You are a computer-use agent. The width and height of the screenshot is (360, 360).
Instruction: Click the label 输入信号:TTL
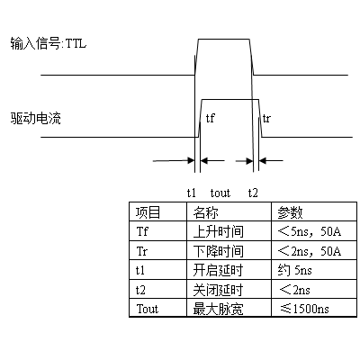(x=49, y=43)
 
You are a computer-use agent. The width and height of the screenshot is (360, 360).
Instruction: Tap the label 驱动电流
(x=35, y=118)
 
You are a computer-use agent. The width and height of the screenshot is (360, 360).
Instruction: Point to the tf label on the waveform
(x=211, y=118)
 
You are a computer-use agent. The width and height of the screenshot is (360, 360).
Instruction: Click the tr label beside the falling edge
(x=266, y=119)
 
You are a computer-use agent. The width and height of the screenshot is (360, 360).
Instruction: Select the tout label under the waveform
(x=220, y=193)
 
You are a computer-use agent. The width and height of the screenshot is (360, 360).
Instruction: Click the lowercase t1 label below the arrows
(x=192, y=193)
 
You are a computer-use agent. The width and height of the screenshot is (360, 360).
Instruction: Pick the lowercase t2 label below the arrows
(x=253, y=193)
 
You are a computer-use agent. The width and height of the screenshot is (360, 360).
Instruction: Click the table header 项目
(x=148, y=212)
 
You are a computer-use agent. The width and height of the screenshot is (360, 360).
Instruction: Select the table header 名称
(x=205, y=212)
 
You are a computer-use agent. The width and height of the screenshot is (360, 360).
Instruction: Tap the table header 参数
(x=290, y=212)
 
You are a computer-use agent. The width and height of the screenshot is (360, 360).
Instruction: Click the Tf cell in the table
(x=142, y=231)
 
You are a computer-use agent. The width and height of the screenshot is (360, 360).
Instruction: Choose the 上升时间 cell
(x=218, y=231)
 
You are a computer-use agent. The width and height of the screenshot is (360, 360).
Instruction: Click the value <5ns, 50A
(x=310, y=231)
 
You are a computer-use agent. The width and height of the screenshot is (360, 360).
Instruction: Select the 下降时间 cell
(x=218, y=251)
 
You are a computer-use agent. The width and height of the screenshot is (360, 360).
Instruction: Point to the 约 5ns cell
(x=294, y=270)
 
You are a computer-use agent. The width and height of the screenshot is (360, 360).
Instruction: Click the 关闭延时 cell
(x=218, y=290)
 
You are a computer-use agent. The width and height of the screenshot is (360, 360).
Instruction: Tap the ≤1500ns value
(x=304, y=309)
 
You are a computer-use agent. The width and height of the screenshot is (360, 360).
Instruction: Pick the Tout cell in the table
(x=147, y=309)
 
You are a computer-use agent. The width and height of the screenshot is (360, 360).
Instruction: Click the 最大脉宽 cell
(x=218, y=309)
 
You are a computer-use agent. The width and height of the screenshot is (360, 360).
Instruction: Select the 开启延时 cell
(x=218, y=270)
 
